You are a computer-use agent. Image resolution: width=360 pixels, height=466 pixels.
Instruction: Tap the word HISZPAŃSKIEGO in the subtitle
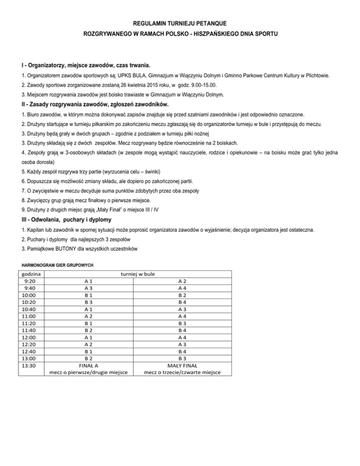(x=220, y=35)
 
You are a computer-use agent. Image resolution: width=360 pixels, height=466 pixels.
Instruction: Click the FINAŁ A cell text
(x=88, y=366)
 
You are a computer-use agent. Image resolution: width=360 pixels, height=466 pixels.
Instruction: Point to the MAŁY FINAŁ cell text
(x=182, y=366)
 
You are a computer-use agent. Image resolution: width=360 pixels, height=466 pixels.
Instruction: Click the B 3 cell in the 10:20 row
(x=88, y=302)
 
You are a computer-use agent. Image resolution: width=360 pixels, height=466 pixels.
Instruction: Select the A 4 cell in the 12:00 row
(x=183, y=338)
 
